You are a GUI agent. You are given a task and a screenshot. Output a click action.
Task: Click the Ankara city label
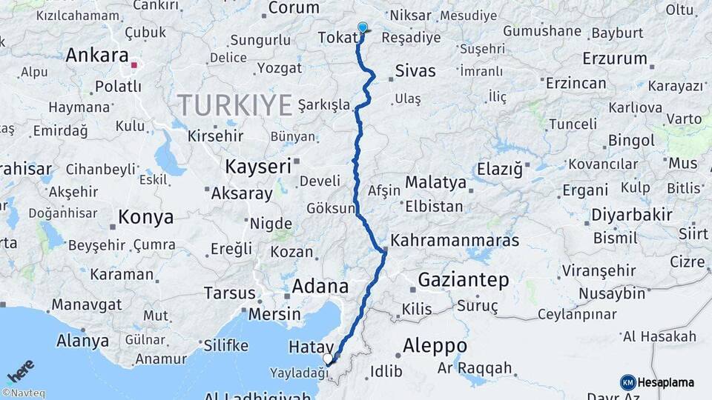[96, 56]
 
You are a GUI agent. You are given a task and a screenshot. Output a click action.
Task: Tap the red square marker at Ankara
[133, 65]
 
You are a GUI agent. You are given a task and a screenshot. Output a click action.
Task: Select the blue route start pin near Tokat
[362, 28]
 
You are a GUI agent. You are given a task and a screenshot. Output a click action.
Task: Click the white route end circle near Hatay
[328, 359]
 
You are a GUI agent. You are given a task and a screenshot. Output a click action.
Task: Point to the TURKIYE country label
[234, 106]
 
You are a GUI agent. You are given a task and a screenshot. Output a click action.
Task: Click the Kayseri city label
[258, 167]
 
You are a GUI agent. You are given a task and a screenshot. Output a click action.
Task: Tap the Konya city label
[145, 218]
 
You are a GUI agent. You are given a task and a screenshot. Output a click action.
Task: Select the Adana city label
[320, 286]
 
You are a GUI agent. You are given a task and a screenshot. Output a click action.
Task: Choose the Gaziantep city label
[463, 280]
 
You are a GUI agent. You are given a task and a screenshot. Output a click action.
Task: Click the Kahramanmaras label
[454, 241]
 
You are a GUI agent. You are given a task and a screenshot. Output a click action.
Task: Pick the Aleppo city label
[435, 346]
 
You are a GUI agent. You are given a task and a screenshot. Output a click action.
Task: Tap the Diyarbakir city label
[632, 216]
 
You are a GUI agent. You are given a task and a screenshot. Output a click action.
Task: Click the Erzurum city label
[615, 59]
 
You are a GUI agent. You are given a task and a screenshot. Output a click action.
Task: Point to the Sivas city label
[415, 72]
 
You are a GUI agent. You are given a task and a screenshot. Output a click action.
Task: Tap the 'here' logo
[21, 370]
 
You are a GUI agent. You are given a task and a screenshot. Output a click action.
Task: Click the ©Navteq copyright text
[22, 393]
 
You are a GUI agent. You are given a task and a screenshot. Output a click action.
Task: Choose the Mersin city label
[275, 314]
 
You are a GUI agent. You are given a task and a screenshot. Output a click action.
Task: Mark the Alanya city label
[82, 341]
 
